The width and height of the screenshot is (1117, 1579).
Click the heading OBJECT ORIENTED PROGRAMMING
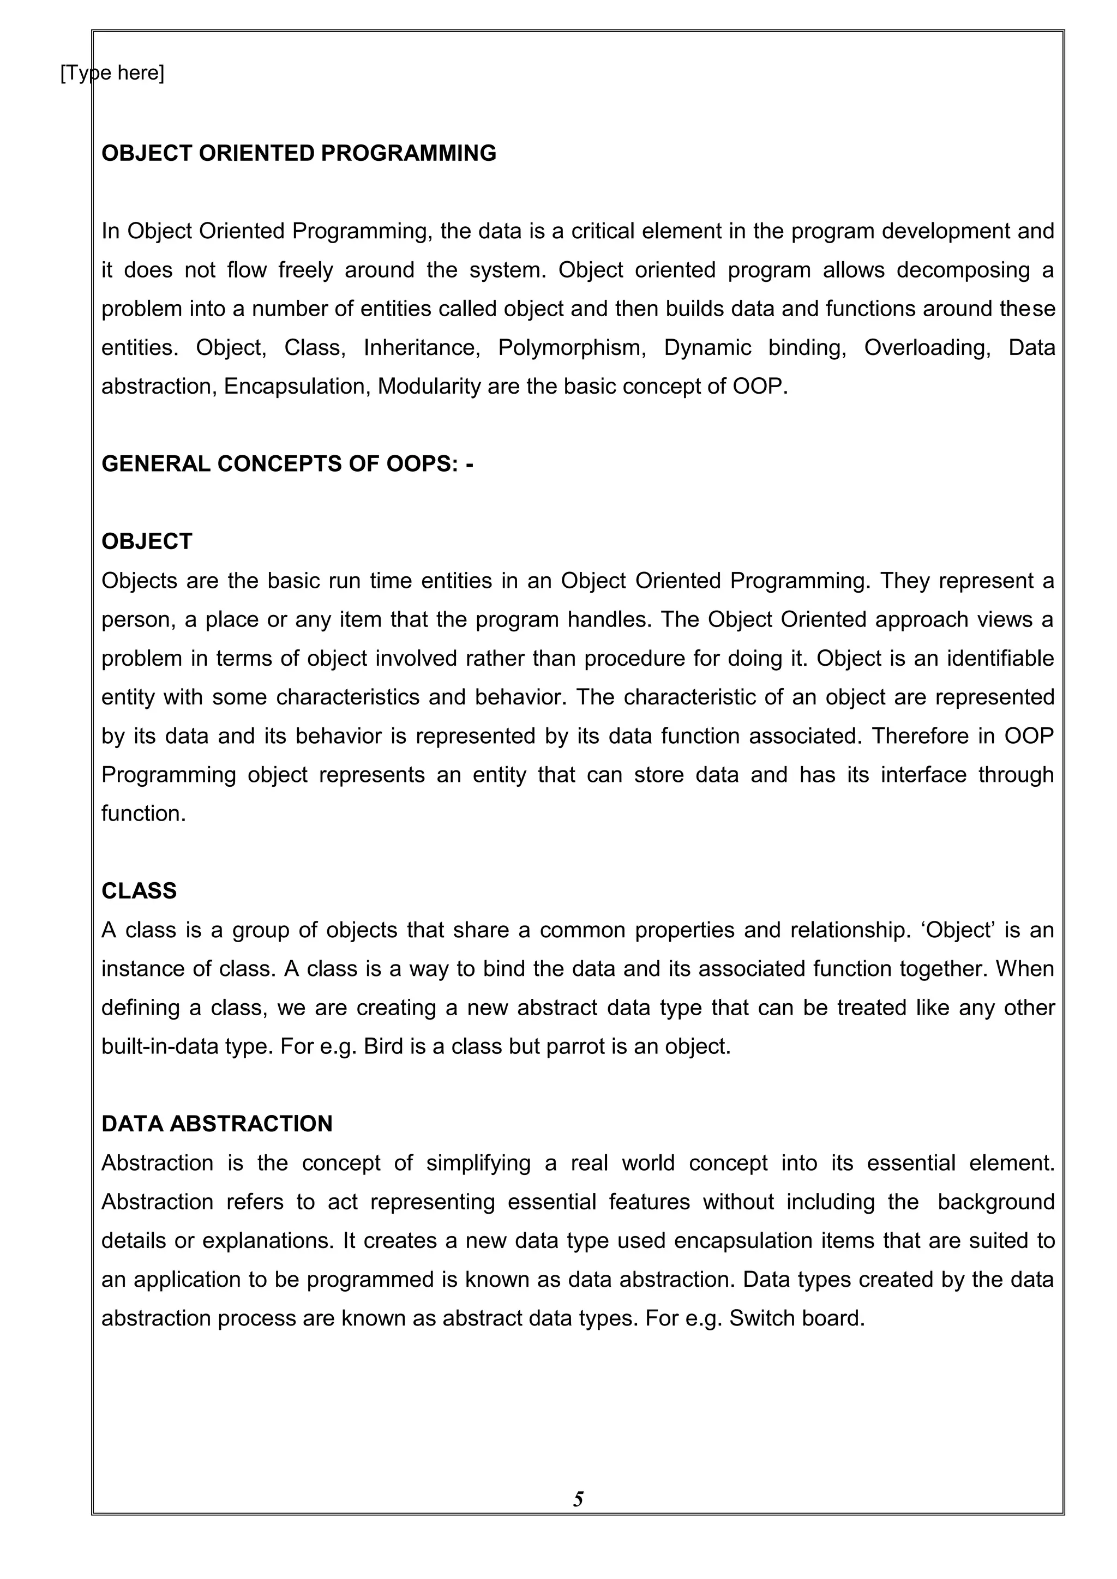point(298,153)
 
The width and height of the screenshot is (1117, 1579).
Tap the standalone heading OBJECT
point(147,542)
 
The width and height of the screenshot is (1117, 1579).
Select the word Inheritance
point(422,348)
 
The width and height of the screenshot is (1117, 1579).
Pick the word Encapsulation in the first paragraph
point(297,387)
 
